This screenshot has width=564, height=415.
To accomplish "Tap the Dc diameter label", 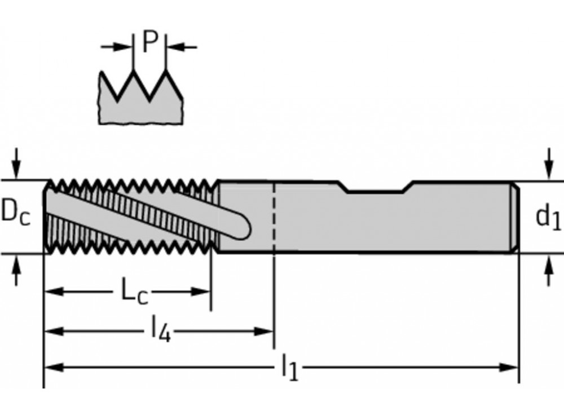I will [16, 215].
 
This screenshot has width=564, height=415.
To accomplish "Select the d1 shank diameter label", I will [548, 217].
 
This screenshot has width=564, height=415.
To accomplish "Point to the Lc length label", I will [134, 291].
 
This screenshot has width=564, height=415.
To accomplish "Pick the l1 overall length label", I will [289, 368].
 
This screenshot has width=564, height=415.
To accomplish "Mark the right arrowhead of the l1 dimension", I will [511, 368].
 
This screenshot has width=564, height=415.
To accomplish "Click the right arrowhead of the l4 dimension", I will [266, 331].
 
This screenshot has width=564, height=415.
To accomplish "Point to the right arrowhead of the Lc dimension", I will [202, 292].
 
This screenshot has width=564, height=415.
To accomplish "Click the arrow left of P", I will [125, 46].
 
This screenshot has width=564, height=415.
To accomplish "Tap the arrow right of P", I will [174, 46].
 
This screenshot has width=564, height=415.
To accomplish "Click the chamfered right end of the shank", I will [515, 217].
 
